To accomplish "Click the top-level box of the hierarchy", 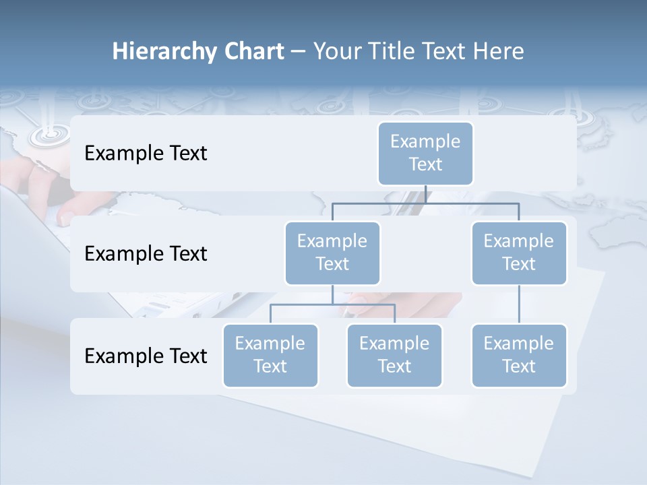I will tap(425, 153).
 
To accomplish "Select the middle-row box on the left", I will tap(332, 253).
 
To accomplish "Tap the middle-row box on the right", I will tap(519, 253).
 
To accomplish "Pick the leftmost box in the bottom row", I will tap(270, 355).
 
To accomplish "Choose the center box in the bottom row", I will tap(394, 355).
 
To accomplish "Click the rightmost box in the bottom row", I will tap(519, 355).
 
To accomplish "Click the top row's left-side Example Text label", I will tap(146, 154).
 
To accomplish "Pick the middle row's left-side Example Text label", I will tap(146, 254).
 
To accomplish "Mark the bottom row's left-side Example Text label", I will tap(146, 356).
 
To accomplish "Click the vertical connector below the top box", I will tap(425, 194).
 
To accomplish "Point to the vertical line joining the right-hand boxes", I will tap(519, 304).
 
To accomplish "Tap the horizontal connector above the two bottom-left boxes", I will tap(332, 304).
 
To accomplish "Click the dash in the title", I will tap(299, 51).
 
